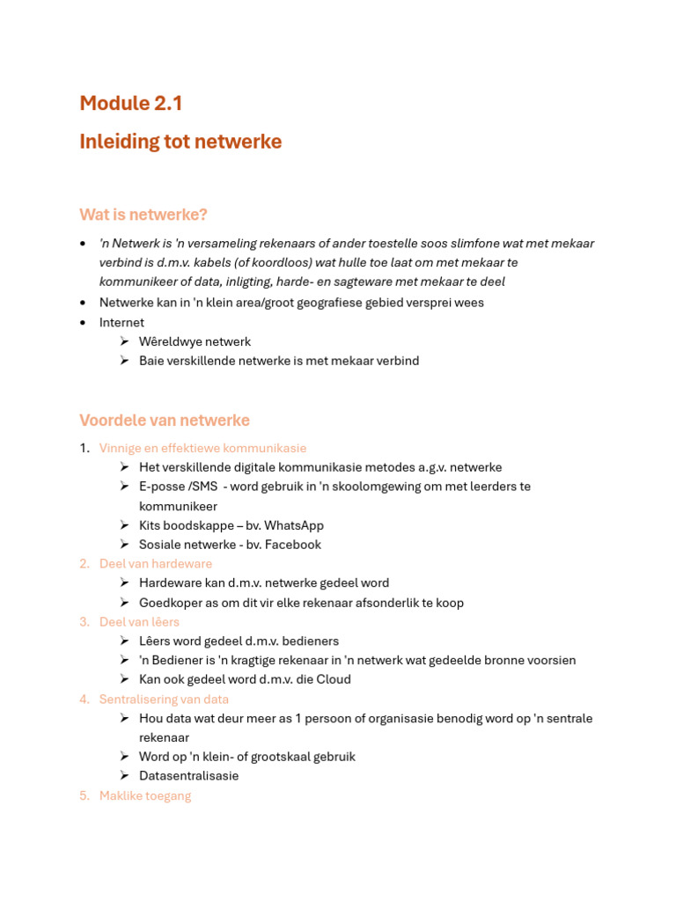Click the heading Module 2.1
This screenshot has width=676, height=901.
(x=131, y=103)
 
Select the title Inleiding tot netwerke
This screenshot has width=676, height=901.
(x=180, y=142)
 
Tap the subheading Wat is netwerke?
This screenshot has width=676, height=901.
(x=143, y=215)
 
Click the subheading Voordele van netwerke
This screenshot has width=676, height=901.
(x=165, y=421)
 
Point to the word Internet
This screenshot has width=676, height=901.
(x=121, y=322)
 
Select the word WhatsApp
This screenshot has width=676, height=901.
(x=294, y=525)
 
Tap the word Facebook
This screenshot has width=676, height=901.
(x=291, y=545)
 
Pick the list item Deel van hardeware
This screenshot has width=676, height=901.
(x=156, y=564)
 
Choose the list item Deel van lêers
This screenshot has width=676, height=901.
(x=139, y=622)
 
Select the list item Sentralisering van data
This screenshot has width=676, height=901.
(x=164, y=700)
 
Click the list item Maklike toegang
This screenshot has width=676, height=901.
(x=145, y=795)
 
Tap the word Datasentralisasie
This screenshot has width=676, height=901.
(x=188, y=776)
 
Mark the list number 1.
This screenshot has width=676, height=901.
(x=84, y=449)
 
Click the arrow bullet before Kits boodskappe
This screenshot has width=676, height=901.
(x=125, y=525)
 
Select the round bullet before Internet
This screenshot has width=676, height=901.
(x=83, y=322)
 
